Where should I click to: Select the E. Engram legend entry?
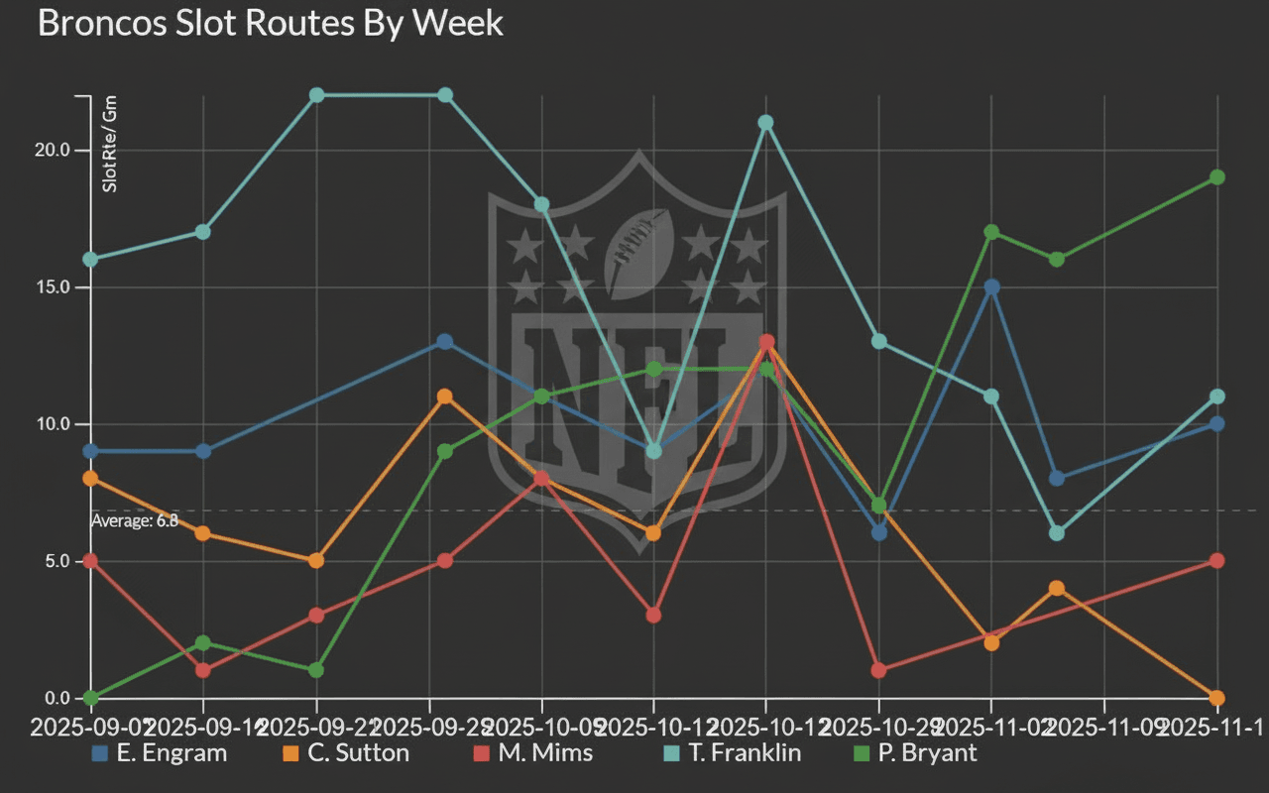(x=159, y=752)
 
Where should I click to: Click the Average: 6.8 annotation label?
(x=135, y=520)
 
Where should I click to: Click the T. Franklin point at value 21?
(x=765, y=123)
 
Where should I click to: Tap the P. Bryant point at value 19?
(x=1217, y=177)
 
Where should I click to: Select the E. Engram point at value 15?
(x=991, y=287)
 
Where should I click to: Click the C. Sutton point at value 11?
(x=445, y=396)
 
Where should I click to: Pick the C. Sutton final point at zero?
(x=1217, y=698)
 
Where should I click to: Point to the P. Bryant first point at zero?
(x=91, y=698)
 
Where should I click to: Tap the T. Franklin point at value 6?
(x=1057, y=533)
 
